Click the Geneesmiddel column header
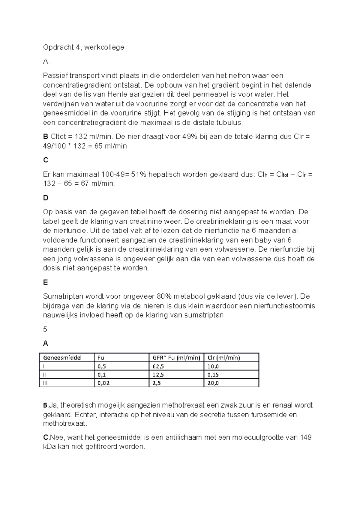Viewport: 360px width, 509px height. (62, 358)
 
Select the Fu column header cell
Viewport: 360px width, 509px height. (101, 358)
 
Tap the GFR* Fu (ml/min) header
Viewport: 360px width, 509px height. (176, 358)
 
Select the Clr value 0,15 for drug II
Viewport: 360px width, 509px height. (213, 375)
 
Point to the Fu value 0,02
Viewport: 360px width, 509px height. (103, 383)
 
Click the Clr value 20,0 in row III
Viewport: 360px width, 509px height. (213, 383)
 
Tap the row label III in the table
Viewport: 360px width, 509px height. (46, 383)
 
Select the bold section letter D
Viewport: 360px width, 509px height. (46, 198)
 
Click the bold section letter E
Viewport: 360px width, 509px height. (46, 282)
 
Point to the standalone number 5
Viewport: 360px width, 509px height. (45, 329)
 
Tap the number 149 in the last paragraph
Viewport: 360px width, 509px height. (306, 437)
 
